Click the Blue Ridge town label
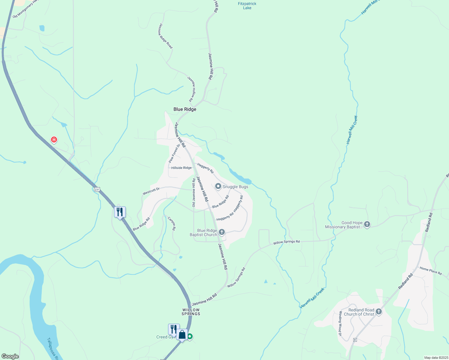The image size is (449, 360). pos(185,109)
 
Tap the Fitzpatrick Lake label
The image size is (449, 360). pos(247,6)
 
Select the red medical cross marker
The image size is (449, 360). pos(54,139)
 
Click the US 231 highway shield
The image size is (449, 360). pos(96,189)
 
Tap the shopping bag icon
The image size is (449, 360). pos(182,334)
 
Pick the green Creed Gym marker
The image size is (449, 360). pos(190,337)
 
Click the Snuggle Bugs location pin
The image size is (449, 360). pos(218,187)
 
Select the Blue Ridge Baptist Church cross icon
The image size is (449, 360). pos(222,232)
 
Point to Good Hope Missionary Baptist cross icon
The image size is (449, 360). pos(367,224)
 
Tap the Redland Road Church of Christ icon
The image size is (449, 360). pos(379,312)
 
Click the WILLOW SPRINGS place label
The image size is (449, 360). pos(191,312)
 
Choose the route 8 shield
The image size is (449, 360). pos(355,340)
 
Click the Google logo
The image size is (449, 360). pos(10,356)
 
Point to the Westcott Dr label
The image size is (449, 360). pos(151,191)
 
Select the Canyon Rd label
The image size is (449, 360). pos(171,223)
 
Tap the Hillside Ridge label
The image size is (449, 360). pos(181,168)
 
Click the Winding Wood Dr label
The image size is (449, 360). pos(340,323)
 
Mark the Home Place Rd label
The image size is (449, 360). pos(431,271)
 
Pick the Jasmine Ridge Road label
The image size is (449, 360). pos(165,36)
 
